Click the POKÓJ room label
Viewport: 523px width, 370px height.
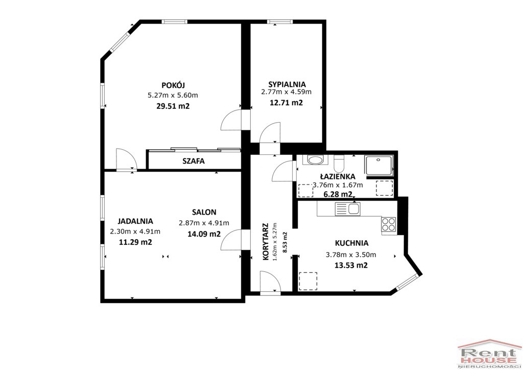tap(173, 85)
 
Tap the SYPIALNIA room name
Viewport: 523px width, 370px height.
tap(287, 84)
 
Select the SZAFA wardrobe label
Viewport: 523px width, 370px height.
tap(194, 161)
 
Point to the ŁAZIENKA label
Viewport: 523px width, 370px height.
tap(338, 176)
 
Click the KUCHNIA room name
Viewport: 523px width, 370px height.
tap(351, 243)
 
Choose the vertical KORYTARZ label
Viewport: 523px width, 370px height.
tap(266, 242)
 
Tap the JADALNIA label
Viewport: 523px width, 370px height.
tap(135, 221)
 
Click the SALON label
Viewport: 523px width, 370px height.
tap(204, 212)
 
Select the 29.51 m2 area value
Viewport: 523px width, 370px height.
tap(173, 106)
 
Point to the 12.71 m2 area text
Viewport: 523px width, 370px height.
tap(286, 103)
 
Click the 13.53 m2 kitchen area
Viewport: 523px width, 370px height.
tap(351, 266)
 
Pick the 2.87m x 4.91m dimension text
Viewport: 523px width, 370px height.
tap(204, 223)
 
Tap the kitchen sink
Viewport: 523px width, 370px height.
tap(347, 209)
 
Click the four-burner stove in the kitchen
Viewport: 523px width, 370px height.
tap(389, 224)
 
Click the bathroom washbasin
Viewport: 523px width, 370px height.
tap(315, 160)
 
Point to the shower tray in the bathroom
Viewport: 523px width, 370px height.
tap(379, 165)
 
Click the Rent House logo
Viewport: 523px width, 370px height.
tap(490, 354)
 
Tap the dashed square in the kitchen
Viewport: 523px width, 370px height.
tap(308, 281)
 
